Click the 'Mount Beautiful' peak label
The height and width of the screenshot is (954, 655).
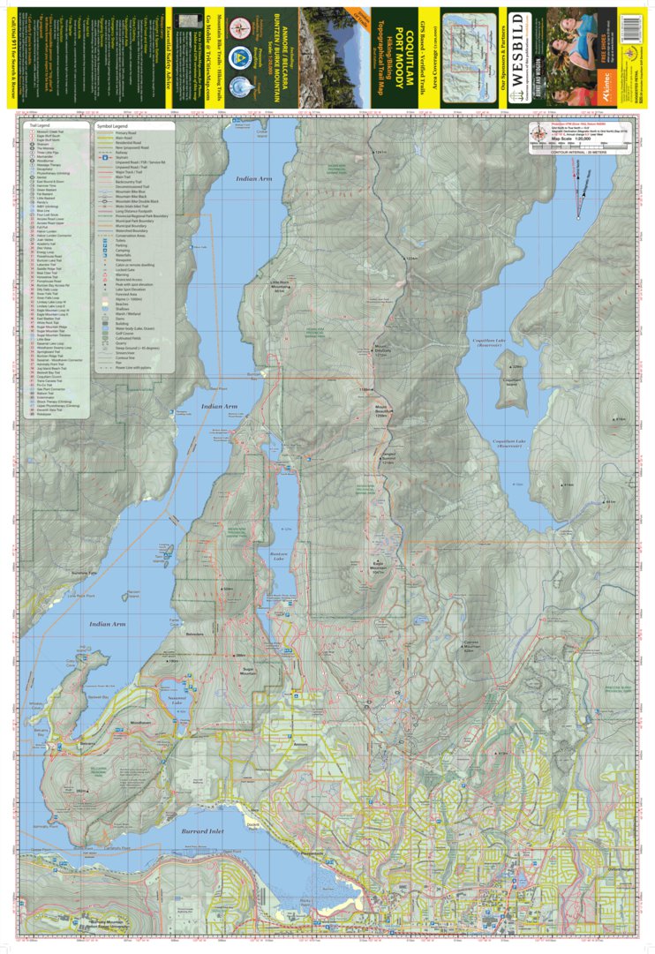(382, 411)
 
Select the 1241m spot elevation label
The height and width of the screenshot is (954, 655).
(380, 154)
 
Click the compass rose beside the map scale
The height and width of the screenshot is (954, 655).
(538, 134)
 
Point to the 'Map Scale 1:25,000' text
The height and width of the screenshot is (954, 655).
(572, 139)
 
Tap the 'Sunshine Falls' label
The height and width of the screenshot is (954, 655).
(85, 574)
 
